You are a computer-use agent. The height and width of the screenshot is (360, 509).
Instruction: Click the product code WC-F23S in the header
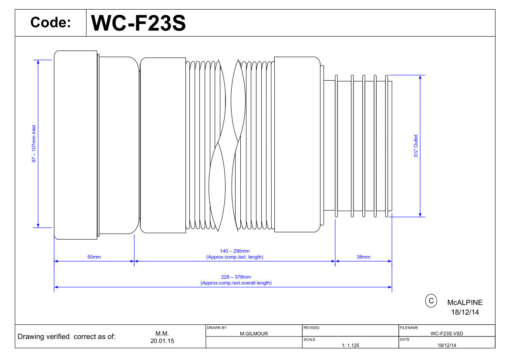[138, 23]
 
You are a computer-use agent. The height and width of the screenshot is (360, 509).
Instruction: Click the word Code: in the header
[51, 22]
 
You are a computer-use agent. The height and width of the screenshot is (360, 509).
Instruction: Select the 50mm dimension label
[94, 257]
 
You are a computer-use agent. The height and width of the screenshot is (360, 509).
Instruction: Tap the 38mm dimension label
[363, 257]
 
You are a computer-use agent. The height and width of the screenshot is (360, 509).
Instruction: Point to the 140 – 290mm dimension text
[235, 251]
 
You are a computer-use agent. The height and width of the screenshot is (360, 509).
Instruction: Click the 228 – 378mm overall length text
[236, 277]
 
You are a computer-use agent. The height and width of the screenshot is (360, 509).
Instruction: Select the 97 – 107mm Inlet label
[34, 144]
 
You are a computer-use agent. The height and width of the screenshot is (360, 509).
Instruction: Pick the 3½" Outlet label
[415, 146]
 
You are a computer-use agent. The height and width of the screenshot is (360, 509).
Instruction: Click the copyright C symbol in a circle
[431, 301]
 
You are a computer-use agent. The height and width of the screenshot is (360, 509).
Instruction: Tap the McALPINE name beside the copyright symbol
[465, 302]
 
